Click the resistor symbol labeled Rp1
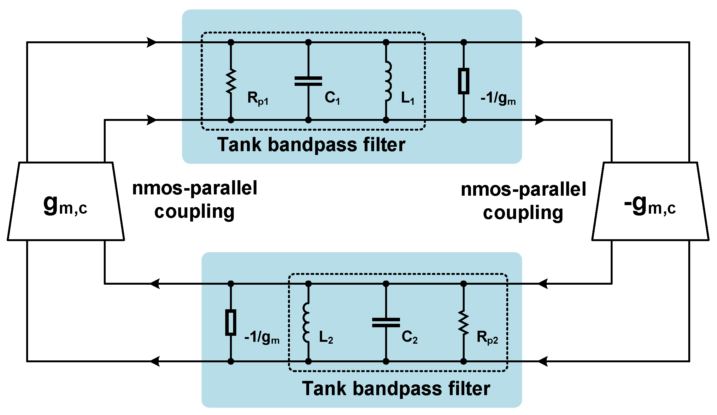click(x=231, y=81)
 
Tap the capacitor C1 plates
click(x=308, y=81)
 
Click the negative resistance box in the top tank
click(x=463, y=81)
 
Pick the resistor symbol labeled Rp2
click(x=463, y=323)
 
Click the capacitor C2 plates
click(x=386, y=323)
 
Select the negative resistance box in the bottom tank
click(x=231, y=322)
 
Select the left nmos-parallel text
click(x=195, y=188)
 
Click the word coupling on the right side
click(x=523, y=213)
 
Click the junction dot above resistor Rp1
click(x=231, y=42)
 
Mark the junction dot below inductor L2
click(x=308, y=361)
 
